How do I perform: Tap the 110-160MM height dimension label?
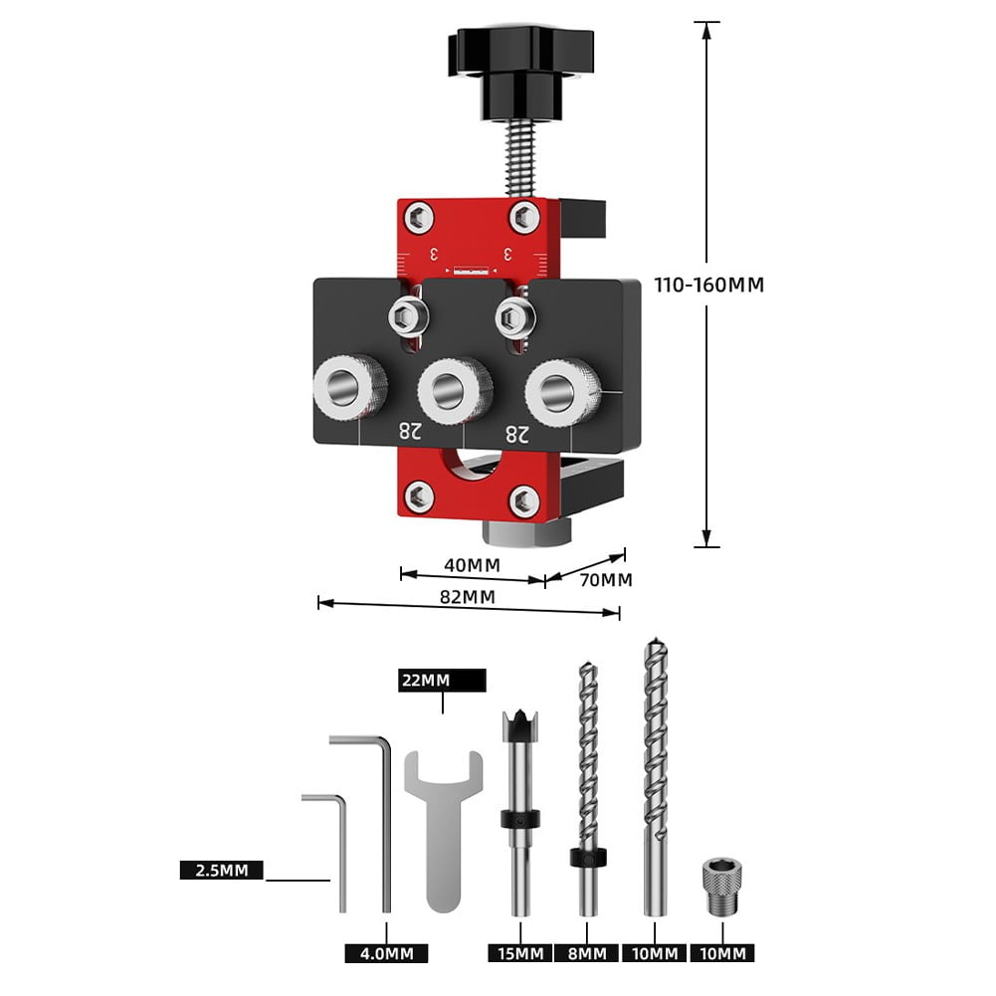tap(708, 285)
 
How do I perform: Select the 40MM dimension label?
tap(471, 564)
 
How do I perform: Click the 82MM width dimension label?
tap(468, 597)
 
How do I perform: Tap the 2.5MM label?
tap(221, 870)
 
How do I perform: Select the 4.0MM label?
tap(386, 953)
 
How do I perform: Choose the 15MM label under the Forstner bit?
tap(519, 953)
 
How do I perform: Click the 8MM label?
tap(587, 953)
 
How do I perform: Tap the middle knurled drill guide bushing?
tap(455, 387)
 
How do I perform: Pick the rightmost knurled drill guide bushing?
tap(563, 389)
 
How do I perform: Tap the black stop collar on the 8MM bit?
tap(587, 858)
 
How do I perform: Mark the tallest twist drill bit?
tap(654, 776)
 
